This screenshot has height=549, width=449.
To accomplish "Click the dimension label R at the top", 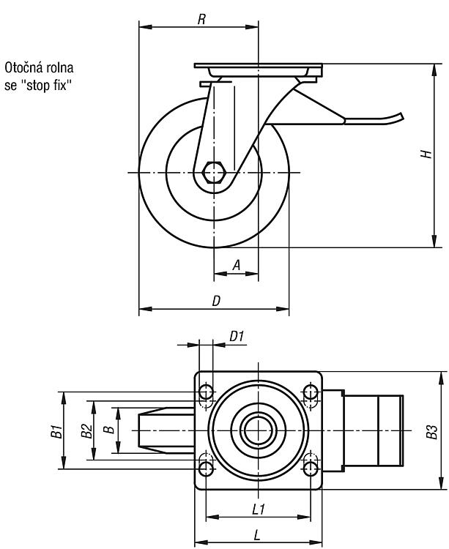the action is (201, 19).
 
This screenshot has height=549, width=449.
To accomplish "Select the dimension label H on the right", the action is (426, 154).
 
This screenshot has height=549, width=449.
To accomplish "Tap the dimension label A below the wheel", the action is (237, 266).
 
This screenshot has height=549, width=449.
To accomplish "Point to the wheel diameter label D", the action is (217, 301).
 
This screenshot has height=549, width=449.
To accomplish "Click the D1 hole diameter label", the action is (237, 337).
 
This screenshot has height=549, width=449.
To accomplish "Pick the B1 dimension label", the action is (56, 431).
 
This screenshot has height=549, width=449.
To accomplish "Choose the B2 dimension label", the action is (86, 431).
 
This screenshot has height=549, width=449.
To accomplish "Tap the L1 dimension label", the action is (259, 509).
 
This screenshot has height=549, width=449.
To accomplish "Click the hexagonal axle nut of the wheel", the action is (213, 172).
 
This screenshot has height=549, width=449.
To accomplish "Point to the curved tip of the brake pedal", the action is (401, 116).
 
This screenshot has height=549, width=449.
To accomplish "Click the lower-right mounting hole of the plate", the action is (311, 468).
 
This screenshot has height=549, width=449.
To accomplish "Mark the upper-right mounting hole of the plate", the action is (311, 392).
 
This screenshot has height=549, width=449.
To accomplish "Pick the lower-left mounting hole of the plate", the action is (206, 468).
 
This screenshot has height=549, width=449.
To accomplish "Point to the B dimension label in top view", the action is (111, 429).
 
